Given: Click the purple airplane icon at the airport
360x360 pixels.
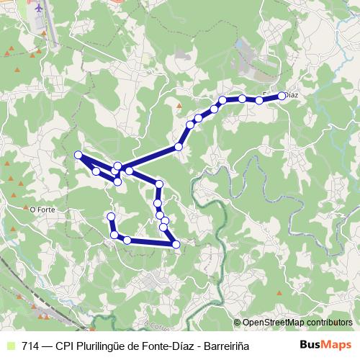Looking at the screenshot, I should [x=38, y=9].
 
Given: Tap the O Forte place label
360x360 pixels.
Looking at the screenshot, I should [x=43, y=210].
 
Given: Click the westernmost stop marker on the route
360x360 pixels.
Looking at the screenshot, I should [x=78, y=155].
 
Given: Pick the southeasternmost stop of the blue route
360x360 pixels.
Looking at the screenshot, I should [x=176, y=246].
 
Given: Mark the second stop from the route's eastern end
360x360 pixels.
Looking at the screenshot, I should [x=259, y=100].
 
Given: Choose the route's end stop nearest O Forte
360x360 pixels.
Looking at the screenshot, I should [x=111, y=216].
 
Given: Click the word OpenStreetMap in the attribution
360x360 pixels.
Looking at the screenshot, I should [x=274, y=323].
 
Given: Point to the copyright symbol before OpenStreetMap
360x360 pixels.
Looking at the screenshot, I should [x=238, y=323].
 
